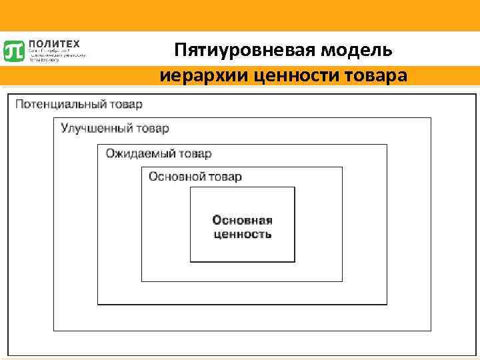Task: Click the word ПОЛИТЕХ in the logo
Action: pyautogui.click(x=54, y=44)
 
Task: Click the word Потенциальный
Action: pyautogui.click(x=60, y=105)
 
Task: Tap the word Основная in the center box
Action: pyautogui.click(x=242, y=221)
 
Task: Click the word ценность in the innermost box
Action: pyautogui.click(x=242, y=234)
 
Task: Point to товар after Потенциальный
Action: pyautogui.click(x=126, y=105)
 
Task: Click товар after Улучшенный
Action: pyautogui.click(x=154, y=128)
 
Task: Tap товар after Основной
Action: pyautogui.click(x=225, y=177)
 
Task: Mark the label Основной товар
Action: pyautogui.click(x=195, y=177)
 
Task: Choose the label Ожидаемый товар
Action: pyautogui.click(x=159, y=154)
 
